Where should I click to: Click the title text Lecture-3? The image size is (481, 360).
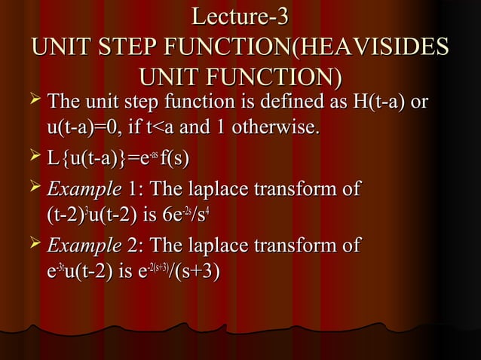tap(240, 17)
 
